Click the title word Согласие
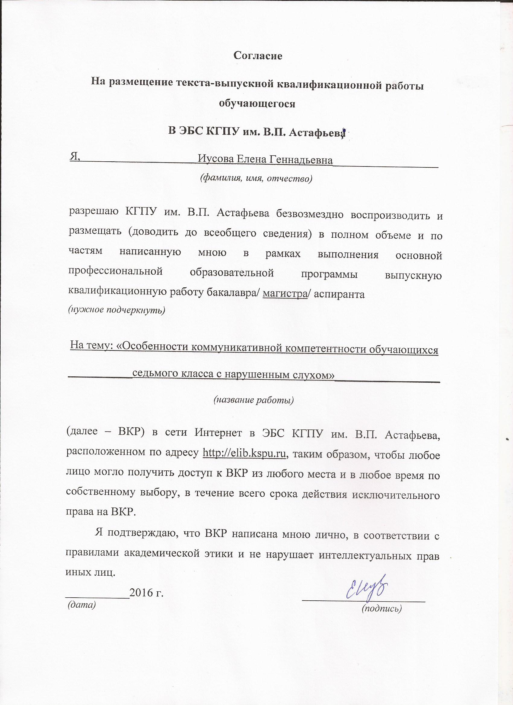tap(258, 56)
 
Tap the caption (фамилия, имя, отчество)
tap(256, 178)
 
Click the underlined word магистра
tap(285, 293)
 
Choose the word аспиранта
tap(339, 294)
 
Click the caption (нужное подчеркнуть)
tap(117, 310)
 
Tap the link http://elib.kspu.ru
tap(244, 454)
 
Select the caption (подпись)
tap(382, 608)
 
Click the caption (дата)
tap(82, 604)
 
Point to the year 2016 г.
tap(147, 593)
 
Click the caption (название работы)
tap(253, 400)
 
